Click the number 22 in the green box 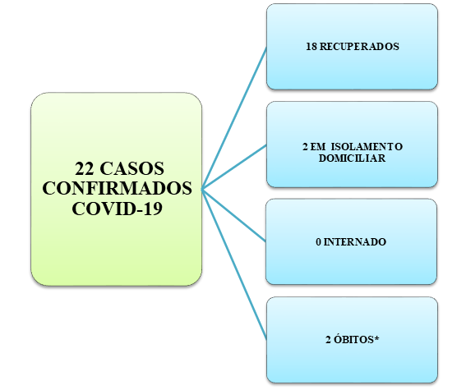coord(85,169)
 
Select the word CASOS coord(132,169)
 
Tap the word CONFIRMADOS coord(117,189)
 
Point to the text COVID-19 coord(117,209)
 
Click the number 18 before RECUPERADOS coord(311,47)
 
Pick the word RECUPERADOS coord(359,47)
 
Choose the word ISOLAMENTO coord(367,147)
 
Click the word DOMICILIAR coord(353,158)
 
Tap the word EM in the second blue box coord(318,147)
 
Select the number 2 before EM coord(305,147)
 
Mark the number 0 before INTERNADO coord(318,242)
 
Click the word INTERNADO coord(355,242)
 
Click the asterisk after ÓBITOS coord(376,337)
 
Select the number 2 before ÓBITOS coord(328,340)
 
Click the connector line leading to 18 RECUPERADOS coord(234,118)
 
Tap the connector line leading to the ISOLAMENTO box coord(234,167)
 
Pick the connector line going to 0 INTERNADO coord(234,215)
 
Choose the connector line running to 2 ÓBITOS coord(234,264)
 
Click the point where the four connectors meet coord(202,190)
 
